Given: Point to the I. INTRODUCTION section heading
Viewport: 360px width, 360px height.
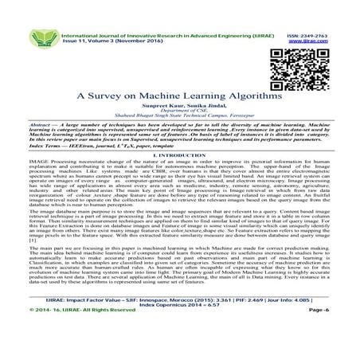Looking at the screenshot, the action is click(179, 159).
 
